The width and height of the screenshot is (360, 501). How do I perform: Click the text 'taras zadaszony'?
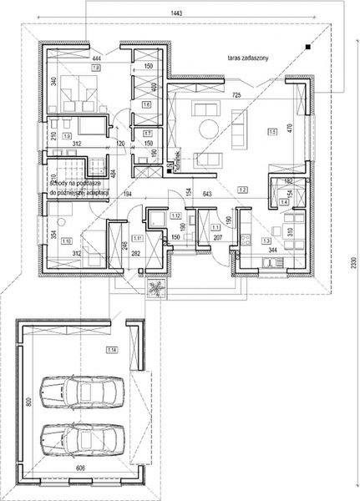(x=244, y=58)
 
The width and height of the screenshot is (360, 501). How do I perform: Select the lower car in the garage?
(x=80, y=438)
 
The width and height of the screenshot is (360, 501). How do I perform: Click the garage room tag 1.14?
(x=111, y=349)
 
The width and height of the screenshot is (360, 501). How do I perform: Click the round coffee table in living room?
(x=207, y=128)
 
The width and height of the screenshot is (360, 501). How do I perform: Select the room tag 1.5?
(x=272, y=131)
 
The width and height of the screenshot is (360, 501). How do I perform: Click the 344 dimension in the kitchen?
(x=271, y=249)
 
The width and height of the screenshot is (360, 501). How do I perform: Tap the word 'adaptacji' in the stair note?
(x=95, y=192)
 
